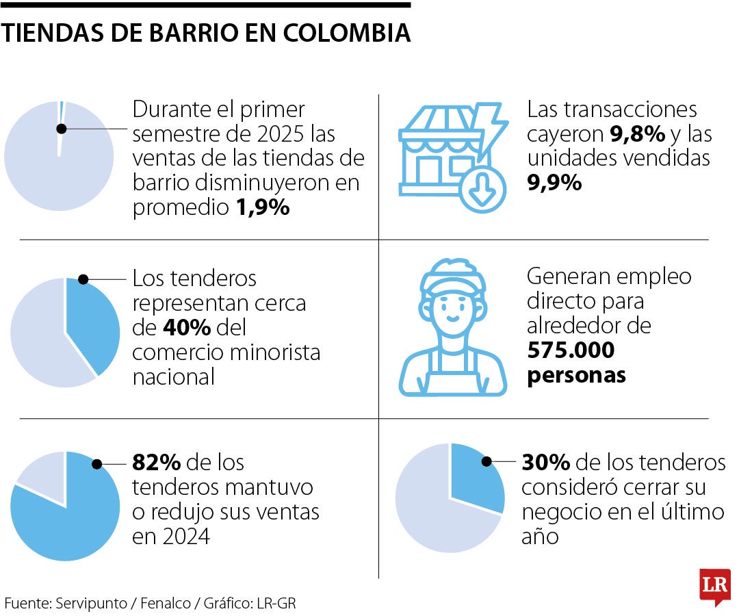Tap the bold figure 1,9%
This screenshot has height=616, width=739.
pyautogui.click(x=263, y=208)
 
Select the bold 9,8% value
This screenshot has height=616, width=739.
pyautogui.click(x=637, y=133)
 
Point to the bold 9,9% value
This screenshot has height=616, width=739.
pyautogui.click(x=554, y=183)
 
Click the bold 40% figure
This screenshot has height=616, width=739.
pyautogui.click(x=186, y=328)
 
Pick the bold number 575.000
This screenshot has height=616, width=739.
pyautogui.click(x=571, y=350)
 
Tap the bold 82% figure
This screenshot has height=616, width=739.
pyautogui.click(x=156, y=463)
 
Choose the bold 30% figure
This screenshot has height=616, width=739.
pyautogui.click(x=545, y=463)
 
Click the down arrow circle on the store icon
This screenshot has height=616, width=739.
pyautogui.click(x=483, y=188)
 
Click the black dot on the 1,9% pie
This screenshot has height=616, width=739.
pyautogui.click(x=62, y=129)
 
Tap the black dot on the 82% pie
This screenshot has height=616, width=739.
pyautogui.click(x=96, y=464)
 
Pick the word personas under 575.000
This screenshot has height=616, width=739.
pyautogui.click(x=576, y=375)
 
